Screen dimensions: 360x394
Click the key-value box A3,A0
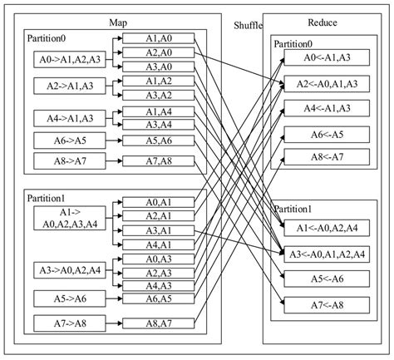[159, 67]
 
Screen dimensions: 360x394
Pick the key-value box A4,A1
[159, 244]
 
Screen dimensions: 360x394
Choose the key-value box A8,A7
[159, 322]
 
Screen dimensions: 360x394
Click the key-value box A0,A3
[159, 259]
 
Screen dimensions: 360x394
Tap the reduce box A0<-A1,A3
[319, 57]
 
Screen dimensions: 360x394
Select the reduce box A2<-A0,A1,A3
[319, 83]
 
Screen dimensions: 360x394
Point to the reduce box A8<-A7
[319, 156]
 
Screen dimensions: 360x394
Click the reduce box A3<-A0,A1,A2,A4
[319, 254]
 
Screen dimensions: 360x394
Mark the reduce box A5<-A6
[319, 279]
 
